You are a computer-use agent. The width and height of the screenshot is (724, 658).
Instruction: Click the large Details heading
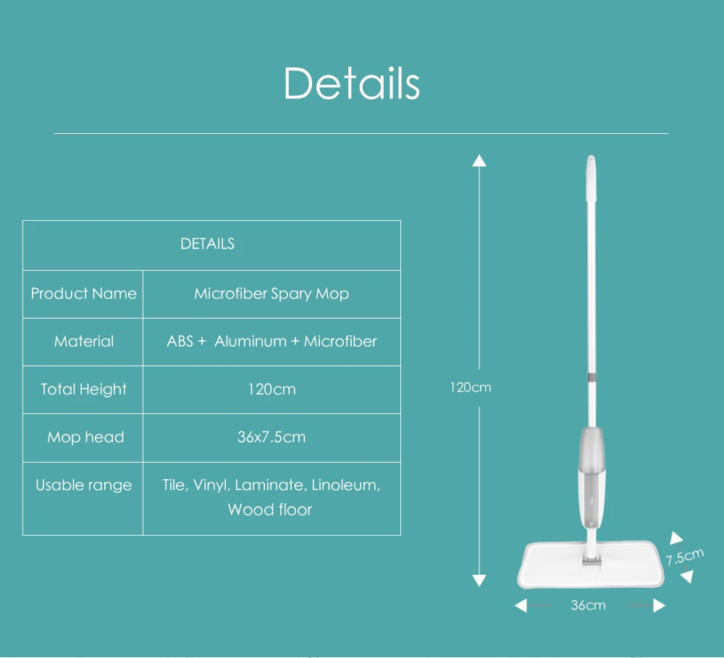coord(351,83)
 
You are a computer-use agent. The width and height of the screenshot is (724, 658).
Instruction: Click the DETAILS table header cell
coord(207,244)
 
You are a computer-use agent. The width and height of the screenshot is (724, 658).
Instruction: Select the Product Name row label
coord(83,294)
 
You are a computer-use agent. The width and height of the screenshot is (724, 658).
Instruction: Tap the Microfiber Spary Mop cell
coord(271,294)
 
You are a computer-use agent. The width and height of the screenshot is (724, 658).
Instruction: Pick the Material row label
coord(84,342)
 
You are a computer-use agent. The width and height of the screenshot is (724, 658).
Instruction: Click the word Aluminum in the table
coord(251,342)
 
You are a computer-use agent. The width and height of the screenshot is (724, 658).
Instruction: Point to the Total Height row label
coord(83,389)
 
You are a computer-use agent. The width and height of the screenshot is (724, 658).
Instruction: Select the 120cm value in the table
coord(271,389)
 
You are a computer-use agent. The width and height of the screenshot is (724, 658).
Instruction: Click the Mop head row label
coord(85,437)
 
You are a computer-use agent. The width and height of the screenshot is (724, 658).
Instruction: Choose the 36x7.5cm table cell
coord(271,437)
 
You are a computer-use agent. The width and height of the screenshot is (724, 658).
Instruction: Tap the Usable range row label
coord(84,485)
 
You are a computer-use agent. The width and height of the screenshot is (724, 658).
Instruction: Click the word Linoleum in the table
coord(345,485)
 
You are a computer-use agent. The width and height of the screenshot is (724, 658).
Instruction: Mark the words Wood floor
coord(270,510)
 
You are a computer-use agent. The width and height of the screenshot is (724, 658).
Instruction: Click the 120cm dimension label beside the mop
coord(471,387)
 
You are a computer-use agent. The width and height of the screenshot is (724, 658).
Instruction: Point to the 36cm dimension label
coord(588,605)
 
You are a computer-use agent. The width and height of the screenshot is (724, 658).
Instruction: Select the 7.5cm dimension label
coord(684,557)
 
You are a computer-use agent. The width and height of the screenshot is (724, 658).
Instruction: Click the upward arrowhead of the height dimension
coord(479,161)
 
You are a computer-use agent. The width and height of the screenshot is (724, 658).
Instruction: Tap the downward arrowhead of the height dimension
coord(479,580)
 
